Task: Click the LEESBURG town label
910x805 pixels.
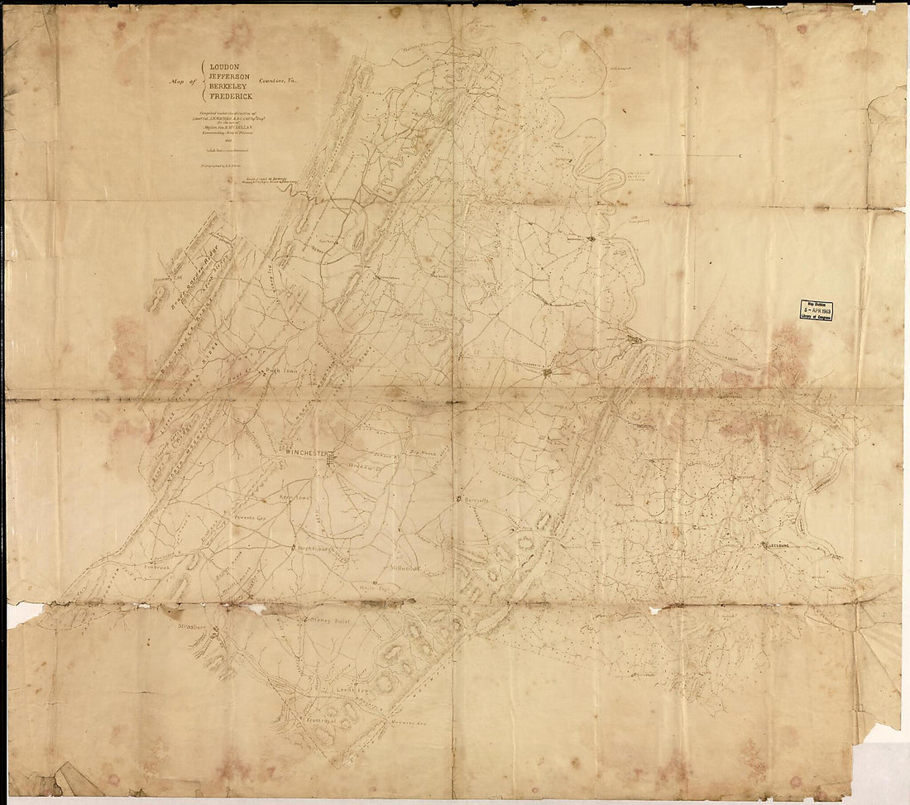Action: coord(783,546)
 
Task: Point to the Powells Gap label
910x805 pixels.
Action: coord(247,519)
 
